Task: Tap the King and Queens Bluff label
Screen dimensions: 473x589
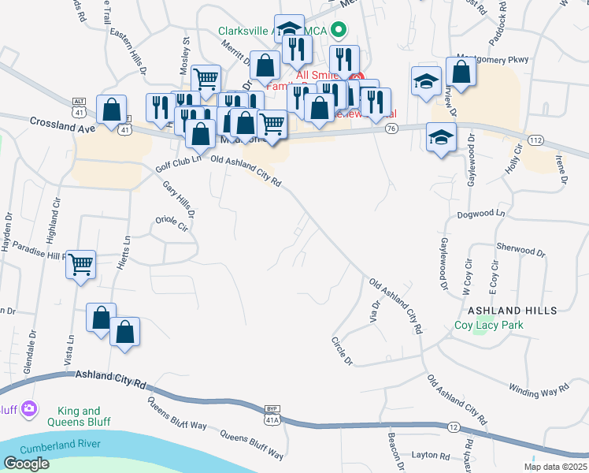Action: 80,416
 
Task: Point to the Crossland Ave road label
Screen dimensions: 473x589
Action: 62,124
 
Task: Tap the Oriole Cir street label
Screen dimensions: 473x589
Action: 172,223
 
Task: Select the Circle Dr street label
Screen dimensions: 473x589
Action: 343,352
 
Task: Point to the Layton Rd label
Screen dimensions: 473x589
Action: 429,456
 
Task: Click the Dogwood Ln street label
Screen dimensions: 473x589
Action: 480,214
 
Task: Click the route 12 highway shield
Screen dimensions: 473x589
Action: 453,426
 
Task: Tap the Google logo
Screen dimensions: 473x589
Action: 26,464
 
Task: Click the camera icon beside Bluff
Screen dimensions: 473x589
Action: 29,408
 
